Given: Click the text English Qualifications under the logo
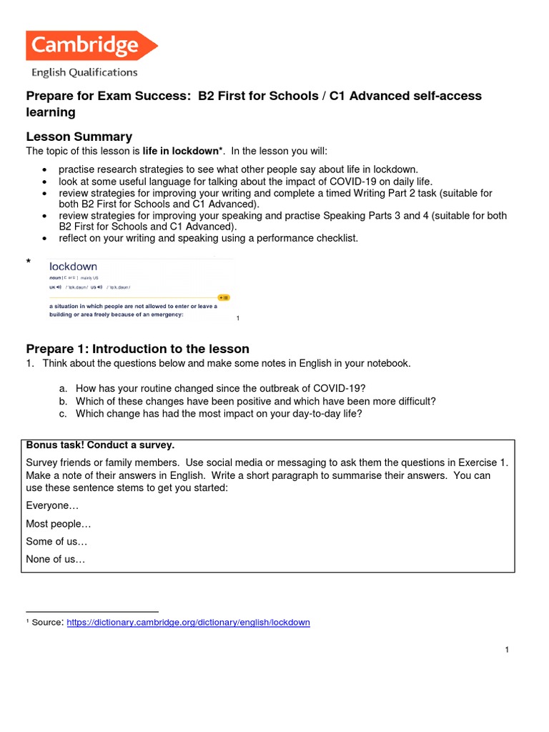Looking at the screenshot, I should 84,72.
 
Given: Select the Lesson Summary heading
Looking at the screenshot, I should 79,137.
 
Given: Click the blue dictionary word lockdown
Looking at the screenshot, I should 73,267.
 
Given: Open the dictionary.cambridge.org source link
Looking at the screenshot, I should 188,623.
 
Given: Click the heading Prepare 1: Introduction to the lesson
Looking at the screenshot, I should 137,349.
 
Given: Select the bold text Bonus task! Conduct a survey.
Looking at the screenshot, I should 100,445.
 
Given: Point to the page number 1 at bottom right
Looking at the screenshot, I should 506,650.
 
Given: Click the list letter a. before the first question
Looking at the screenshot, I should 64,388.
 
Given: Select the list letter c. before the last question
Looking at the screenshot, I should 64,414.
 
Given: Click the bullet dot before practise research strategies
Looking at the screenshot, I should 45,169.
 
